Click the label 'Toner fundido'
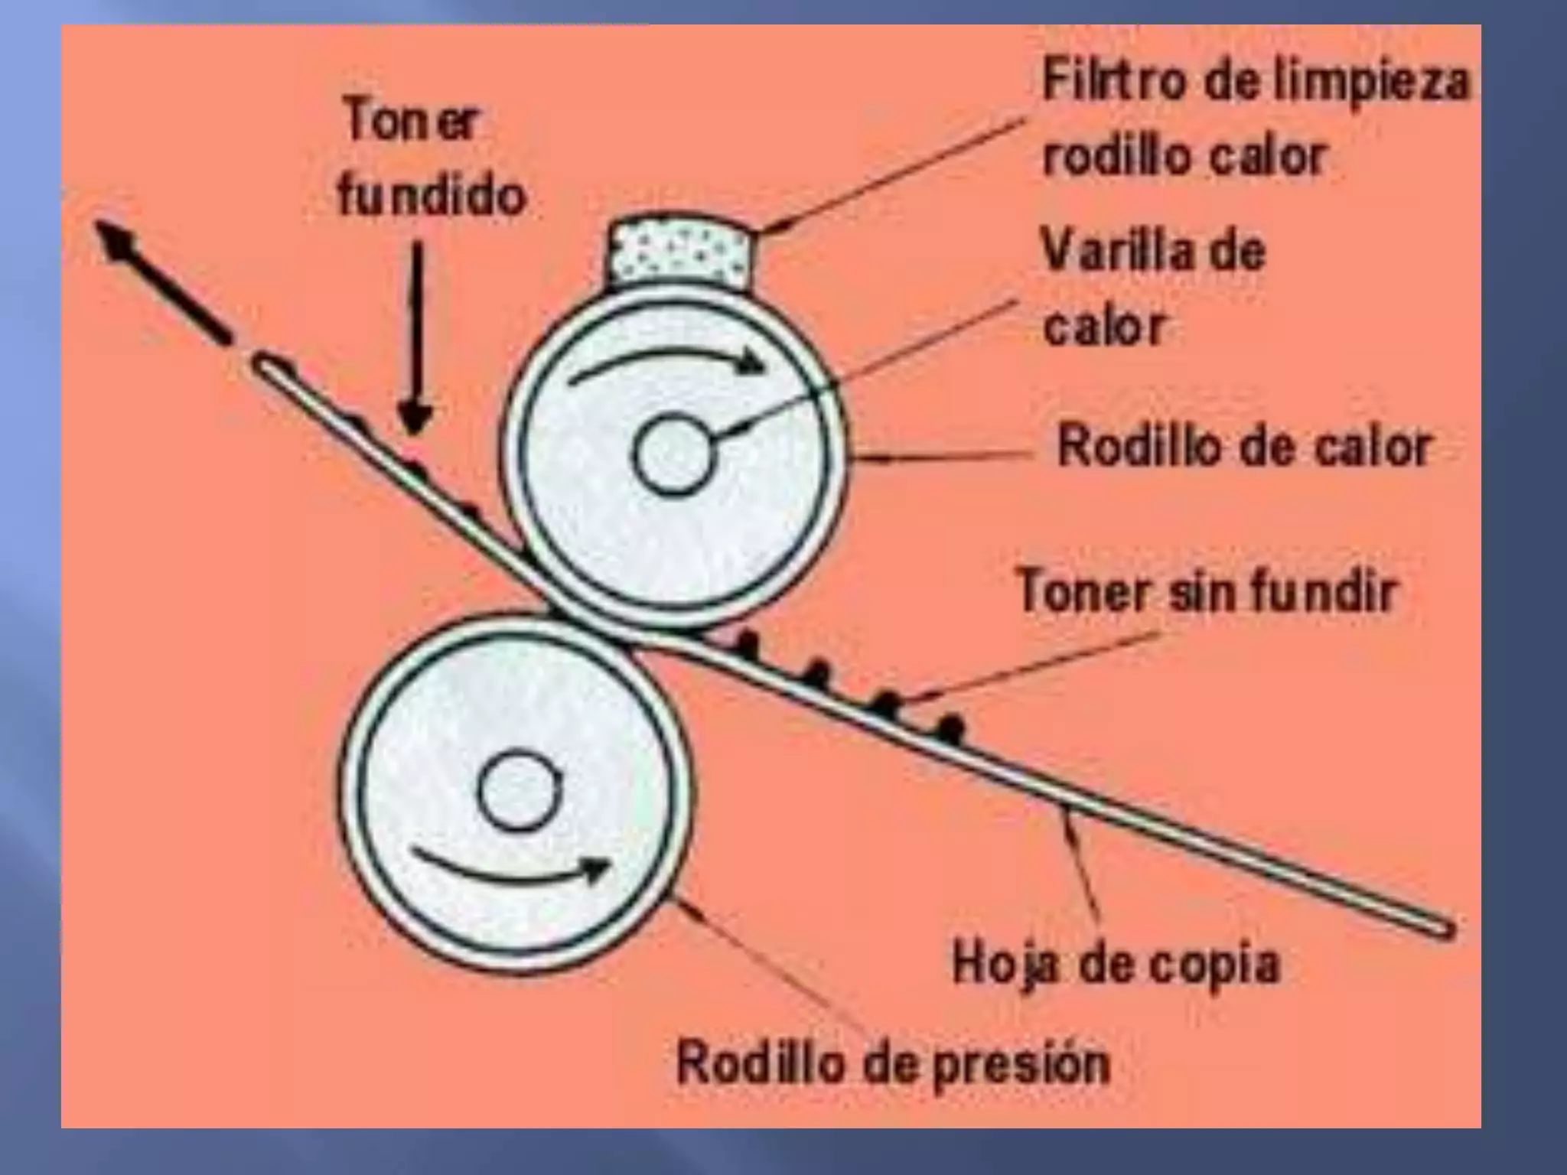pos(432,158)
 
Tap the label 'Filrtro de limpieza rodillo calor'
pos(1255,119)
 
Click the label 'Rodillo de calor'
pos(1243,447)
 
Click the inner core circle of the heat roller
pos(673,454)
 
